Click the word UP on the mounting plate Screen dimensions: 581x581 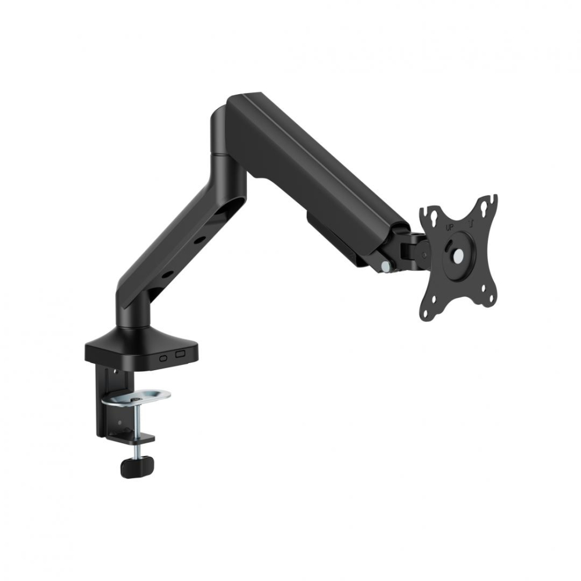(449, 228)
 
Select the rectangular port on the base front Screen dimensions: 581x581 (180, 353)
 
